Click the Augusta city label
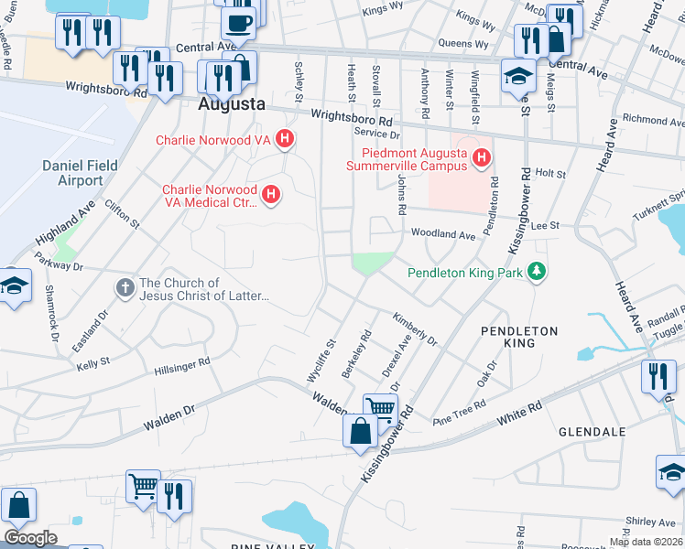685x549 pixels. (232, 104)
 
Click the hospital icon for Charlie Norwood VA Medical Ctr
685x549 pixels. (270, 194)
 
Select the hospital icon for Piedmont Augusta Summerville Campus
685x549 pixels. (480, 161)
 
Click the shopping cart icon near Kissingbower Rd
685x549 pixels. (380, 409)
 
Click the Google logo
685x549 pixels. (30, 538)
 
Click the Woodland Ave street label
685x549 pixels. (443, 235)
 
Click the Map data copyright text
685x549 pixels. (645, 542)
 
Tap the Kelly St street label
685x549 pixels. (93, 362)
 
